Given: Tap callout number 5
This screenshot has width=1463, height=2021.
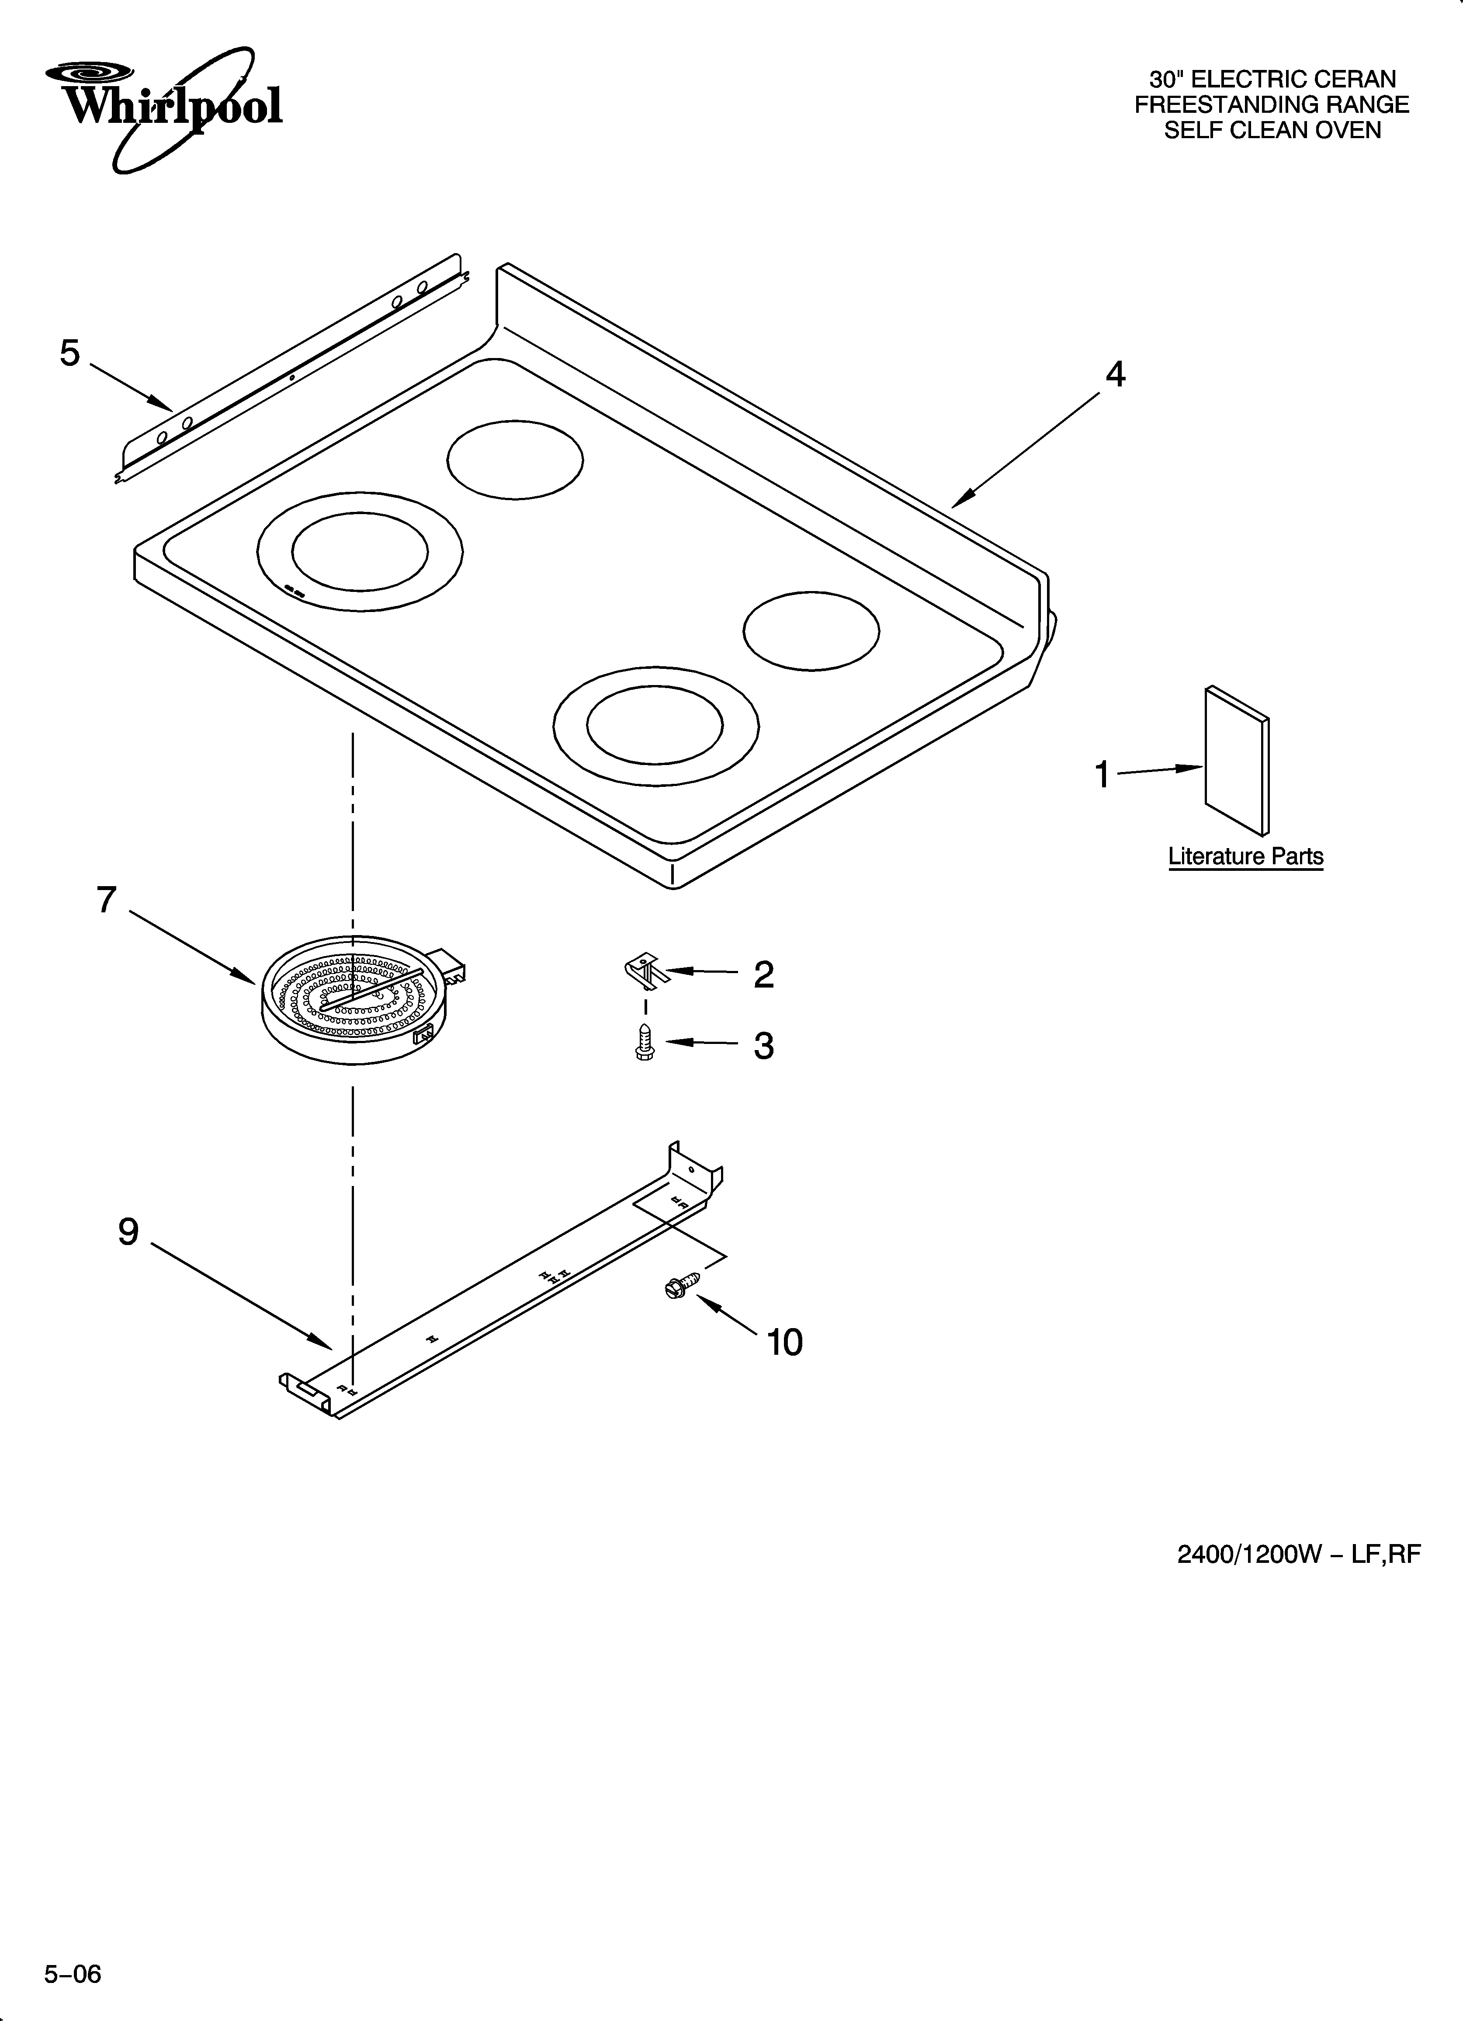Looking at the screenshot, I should click(69, 354).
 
